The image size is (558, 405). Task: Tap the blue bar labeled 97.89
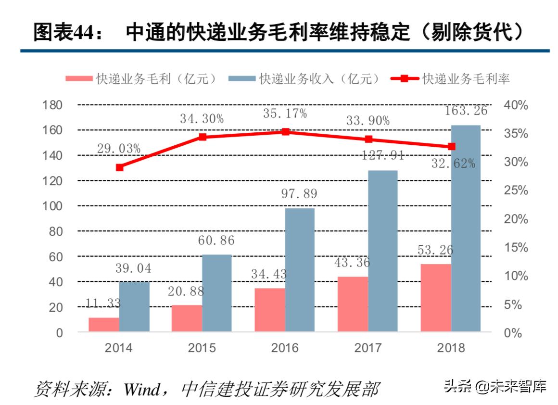pyautogui.click(x=300, y=269)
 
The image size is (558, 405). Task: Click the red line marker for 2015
pyautogui.click(x=203, y=137)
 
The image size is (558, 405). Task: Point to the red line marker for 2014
pyautogui.click(x=120, y=167)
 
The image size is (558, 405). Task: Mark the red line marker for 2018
pyautogui.click(x=452, y=146)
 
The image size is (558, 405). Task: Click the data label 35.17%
pyautogui.click(x=285, y=114)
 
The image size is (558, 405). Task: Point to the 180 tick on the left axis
pyautogui.click(x=53, y=105)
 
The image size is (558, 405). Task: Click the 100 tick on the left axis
pyautogui.click(x=53, y=206)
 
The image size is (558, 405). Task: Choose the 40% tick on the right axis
pyautogui.click(x=516, y=105)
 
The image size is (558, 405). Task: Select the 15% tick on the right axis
pyautogui.click(x=516, y=248)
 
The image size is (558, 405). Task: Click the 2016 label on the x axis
pyautogui.click(x=285, y=348)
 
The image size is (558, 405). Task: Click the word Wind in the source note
pyautogui.click(x=141, y=389)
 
